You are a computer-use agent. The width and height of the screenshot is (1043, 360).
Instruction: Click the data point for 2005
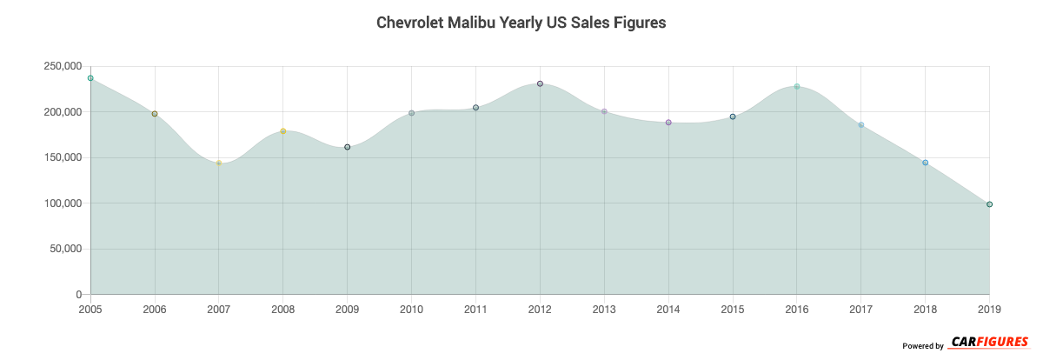(x=90, y=78)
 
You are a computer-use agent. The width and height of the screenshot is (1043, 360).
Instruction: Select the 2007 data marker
(x=219, y=163)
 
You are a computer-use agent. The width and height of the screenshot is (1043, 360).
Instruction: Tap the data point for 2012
(x=540, y=83)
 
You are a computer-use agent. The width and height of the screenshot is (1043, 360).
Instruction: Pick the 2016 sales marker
(x=797, y=87)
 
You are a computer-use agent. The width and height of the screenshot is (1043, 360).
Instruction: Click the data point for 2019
(x=989, y=204)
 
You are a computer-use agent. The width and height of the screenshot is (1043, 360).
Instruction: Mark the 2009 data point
(x=348, y=147)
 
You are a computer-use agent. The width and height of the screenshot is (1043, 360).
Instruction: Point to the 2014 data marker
(x=668, y=123)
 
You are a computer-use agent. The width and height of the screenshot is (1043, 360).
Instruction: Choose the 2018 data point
(x=925, y=163)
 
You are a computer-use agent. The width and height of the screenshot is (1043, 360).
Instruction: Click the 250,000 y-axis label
(x=62, y=66)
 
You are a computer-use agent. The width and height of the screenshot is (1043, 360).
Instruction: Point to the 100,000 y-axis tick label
(x=62, y=203)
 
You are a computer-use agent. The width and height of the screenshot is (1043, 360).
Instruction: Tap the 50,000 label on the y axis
(x=64, y=250)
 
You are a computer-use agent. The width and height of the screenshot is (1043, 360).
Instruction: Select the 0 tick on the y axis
(x=78, y=295)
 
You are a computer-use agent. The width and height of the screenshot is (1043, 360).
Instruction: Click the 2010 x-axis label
(x=411, y=310)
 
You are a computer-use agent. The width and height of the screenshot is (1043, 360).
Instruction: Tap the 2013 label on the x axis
(x=604, y=310)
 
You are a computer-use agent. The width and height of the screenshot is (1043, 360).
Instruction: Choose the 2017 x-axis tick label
(x=860, y=310)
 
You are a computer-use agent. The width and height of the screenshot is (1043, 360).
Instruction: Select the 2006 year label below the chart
(x=155, y=310)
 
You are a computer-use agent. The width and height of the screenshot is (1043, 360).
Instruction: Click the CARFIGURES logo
(x=990, y=343)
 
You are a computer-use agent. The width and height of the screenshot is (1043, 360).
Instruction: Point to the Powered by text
(x=923, y=346)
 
